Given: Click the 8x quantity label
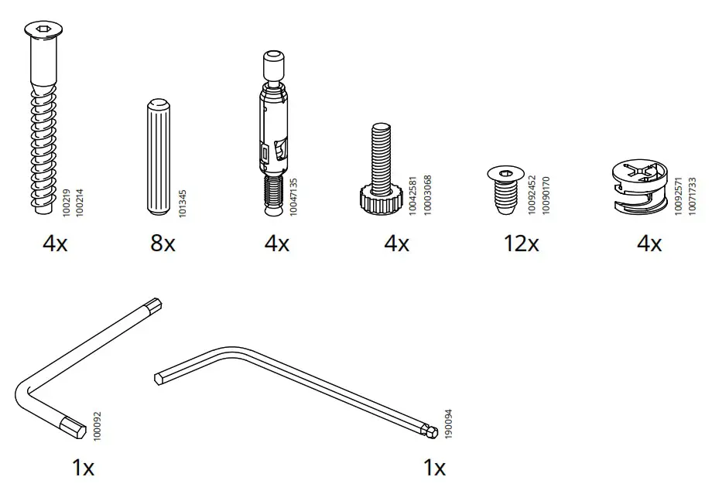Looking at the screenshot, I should pos(163,244).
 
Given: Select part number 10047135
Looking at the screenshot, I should pos(293,196).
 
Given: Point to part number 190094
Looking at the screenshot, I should pos(448,424).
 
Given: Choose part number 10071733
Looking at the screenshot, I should pos(692,196).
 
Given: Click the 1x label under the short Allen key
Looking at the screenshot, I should pos(83,467).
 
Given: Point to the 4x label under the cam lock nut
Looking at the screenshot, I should pos(649,244).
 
